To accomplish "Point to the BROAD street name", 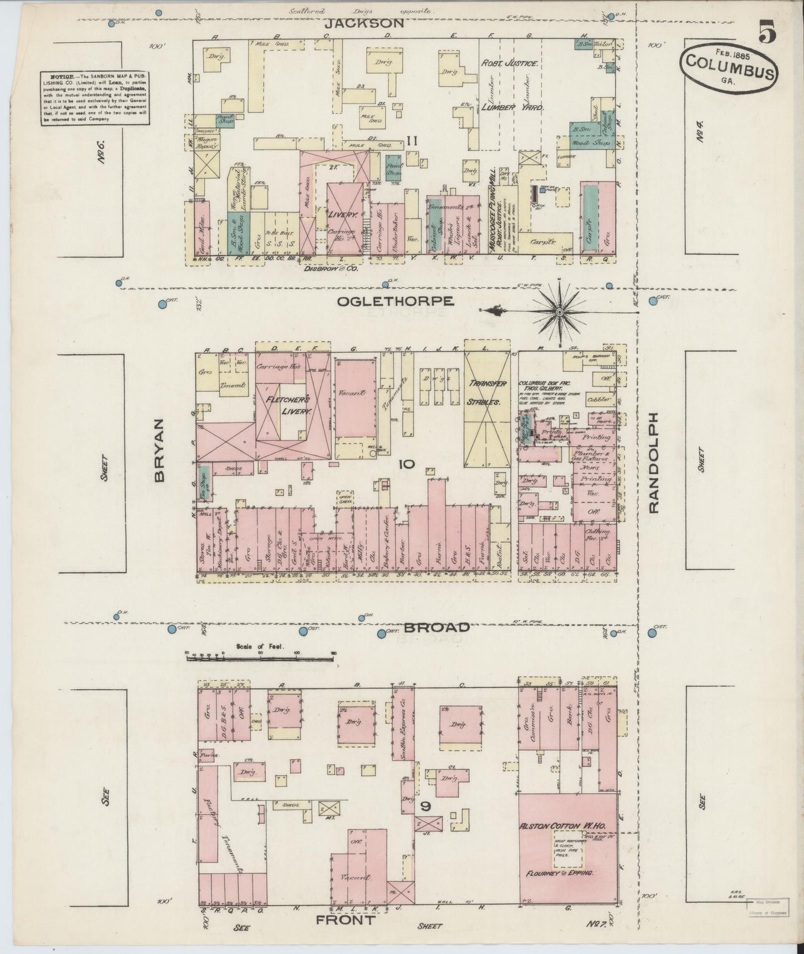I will tap(436, 628).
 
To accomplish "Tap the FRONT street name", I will tap(345, 920).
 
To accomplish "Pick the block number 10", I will tap(406, 464).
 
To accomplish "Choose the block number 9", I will tap(426, 805).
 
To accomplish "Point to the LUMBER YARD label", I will tap(506, 106).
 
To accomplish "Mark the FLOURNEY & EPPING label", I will tap(561, 873).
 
